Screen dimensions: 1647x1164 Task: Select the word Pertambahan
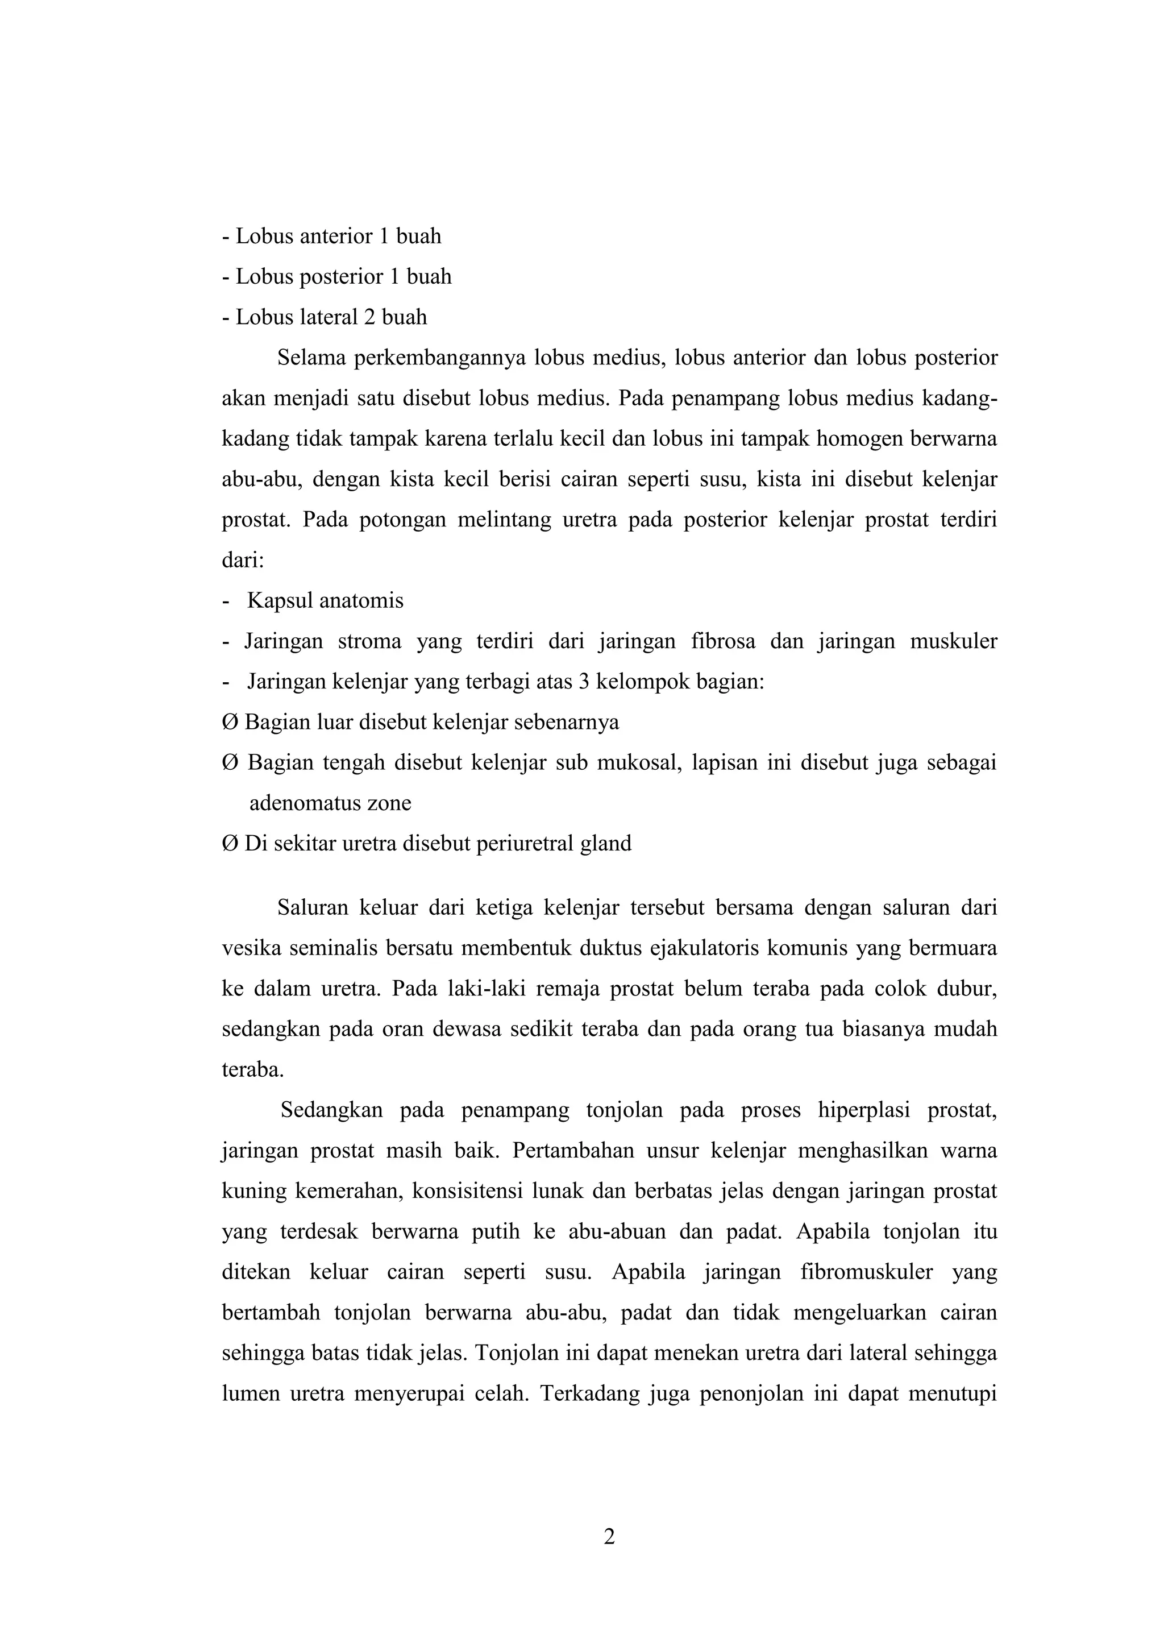point(573,1151)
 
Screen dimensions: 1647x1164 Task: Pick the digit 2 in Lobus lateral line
point(369,317)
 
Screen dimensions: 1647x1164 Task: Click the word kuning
point(255,1192)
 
